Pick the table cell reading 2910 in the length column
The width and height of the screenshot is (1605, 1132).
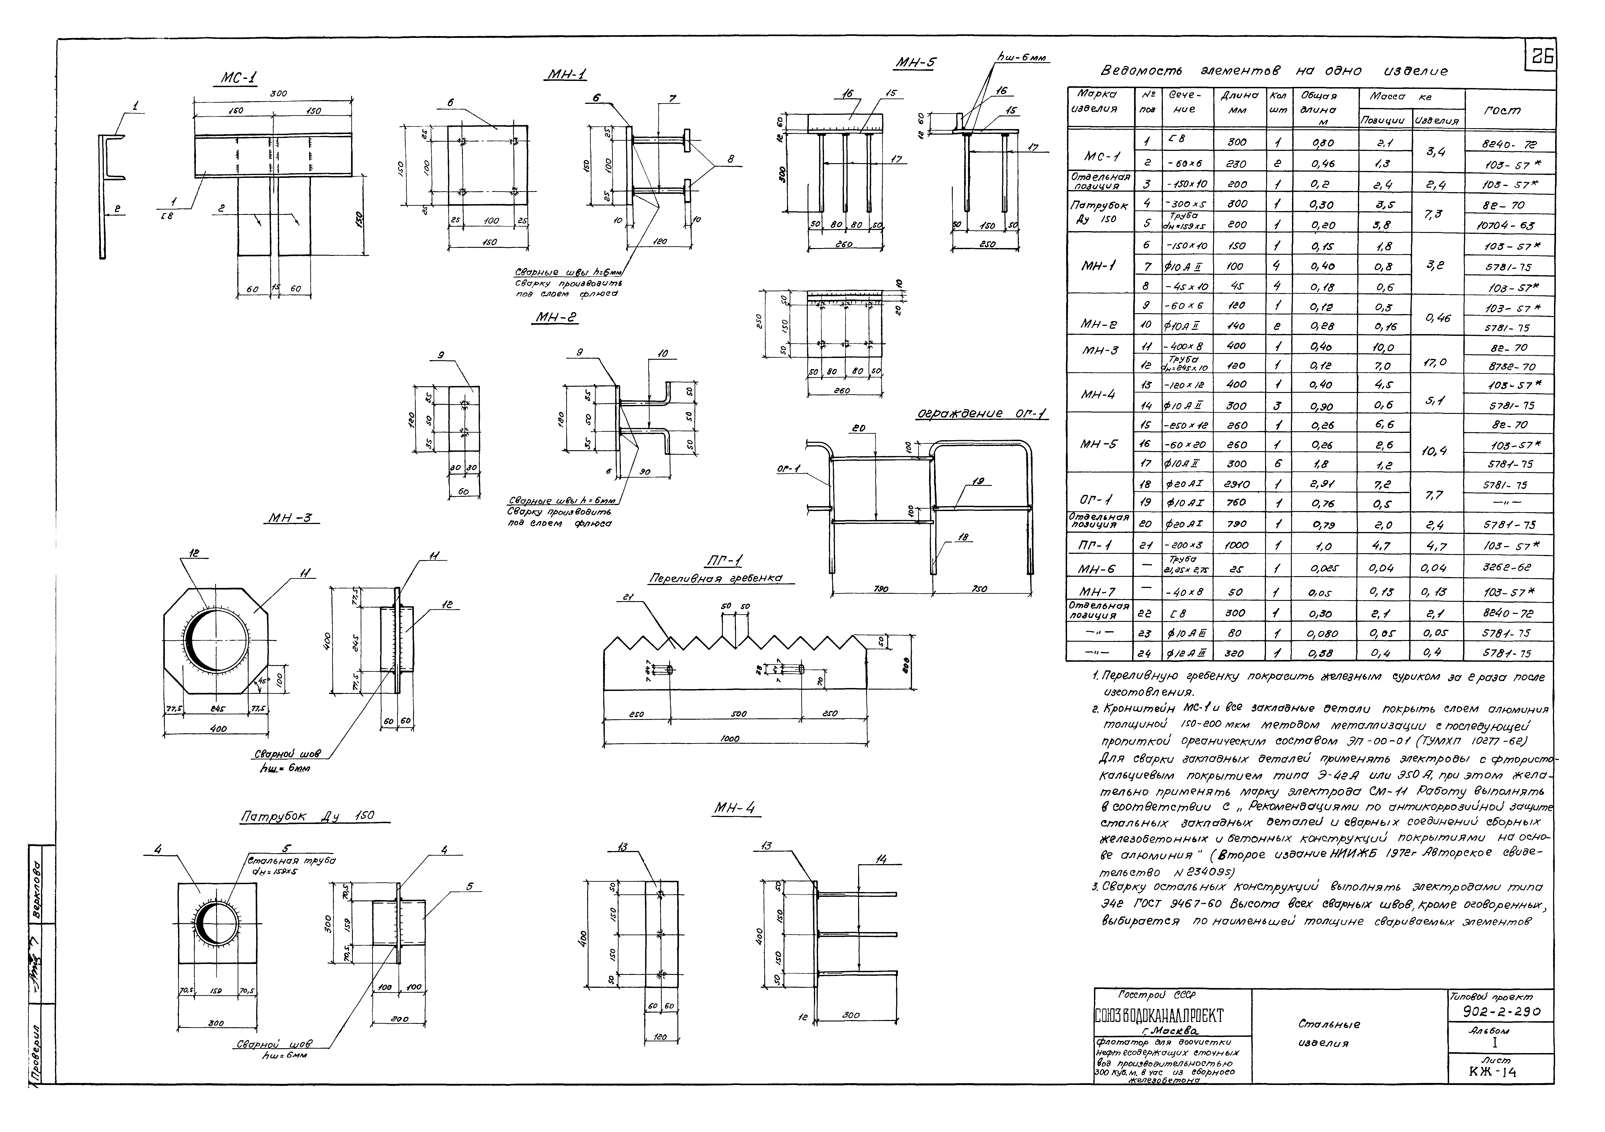click(1236, 484)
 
